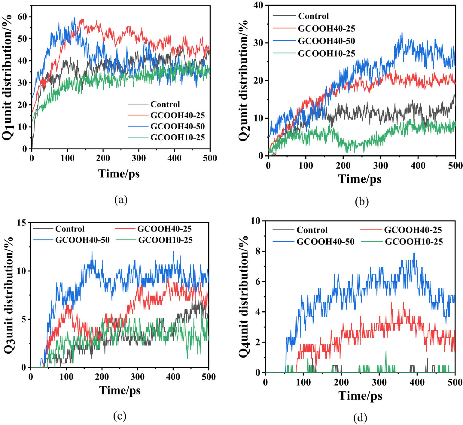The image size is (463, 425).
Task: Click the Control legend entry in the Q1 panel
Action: click(165, 104)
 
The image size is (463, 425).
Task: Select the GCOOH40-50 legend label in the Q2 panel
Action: click(326, 41)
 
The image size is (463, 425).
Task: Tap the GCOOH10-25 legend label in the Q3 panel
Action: click(165, 240)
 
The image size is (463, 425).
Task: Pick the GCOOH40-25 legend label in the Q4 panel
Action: click(413, 230)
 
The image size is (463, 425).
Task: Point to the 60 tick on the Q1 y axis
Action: click(22, 17)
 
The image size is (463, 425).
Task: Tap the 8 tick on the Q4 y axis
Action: click(257, 251)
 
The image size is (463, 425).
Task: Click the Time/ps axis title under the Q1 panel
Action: click(119, 173)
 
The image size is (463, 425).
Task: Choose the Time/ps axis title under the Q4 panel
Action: click(360, 396)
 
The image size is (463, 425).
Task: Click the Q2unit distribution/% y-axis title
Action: click(244, 80)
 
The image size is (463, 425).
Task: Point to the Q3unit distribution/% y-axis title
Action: click(8, 295)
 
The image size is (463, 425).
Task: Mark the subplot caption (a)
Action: click(121, 199)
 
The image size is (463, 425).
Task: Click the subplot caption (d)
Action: click(360, 417)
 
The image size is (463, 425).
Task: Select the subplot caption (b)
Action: click(361, 202)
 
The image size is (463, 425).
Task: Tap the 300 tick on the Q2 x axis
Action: click(380, 165)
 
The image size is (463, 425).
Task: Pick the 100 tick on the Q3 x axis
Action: click(66, 377)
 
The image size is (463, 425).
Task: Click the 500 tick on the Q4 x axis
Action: click(455, 382)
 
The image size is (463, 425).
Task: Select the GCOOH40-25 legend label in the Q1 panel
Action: click(177, 115)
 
